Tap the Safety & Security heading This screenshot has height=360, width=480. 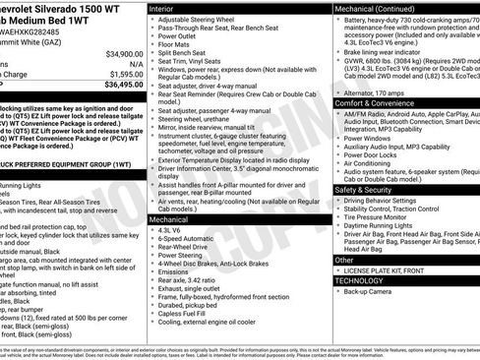pyautogui.click(x=370, y=190)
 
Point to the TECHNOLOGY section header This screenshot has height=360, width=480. pyautogui.click(x=360, y=280)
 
